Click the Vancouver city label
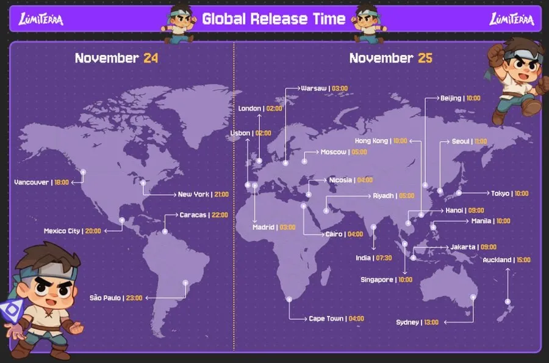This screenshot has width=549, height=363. click(32, 182)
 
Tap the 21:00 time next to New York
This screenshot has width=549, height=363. click(221, 194)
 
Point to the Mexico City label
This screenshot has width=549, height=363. click(62, 231)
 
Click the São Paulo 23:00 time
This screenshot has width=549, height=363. click(134, 298)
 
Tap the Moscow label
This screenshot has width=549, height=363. click(334, 152)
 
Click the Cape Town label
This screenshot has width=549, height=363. click(326, 318)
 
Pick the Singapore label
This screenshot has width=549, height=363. click(376, 280)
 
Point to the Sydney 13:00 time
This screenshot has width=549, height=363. click(431, 322)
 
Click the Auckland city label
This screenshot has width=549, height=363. click(497, 260)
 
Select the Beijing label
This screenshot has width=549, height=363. click(451, 98)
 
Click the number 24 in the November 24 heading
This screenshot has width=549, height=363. click(151, 58)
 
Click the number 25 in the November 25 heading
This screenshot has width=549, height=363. click(425, 58)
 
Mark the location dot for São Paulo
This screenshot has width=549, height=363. click(185, 283)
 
